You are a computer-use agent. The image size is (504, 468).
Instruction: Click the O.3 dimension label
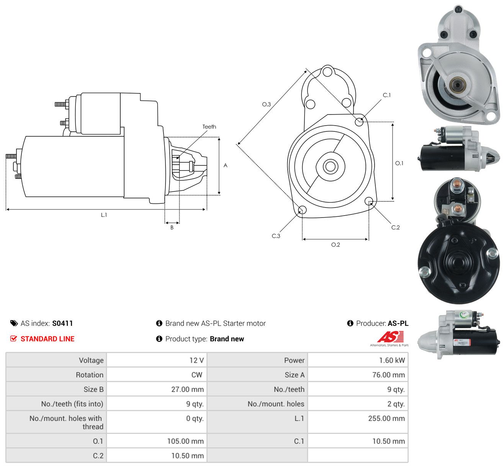tap(266, 104)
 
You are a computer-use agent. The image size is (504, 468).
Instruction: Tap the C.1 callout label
tap(386, 95)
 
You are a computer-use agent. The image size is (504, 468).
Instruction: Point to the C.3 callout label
tap(276, 236)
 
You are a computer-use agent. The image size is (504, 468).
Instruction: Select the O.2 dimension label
tap(335, 245)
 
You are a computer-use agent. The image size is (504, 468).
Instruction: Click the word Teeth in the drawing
tap(209, 127)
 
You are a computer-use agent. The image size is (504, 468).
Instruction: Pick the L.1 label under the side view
tap(104, 215)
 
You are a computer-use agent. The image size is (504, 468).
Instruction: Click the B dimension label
tap(172, 227)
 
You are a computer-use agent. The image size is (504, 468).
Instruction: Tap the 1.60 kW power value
tap(392, 360)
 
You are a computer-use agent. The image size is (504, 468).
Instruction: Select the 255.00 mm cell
tap(386, 418)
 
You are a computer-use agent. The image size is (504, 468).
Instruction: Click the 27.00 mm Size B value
tap(187, 389)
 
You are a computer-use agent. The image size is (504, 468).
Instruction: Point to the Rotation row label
tap(90, 375)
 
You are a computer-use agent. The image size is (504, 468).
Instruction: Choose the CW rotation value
tap(197, 375)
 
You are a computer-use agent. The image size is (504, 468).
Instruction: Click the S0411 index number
tap(62, 323)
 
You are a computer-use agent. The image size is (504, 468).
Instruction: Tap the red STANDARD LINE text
tap(47, 339)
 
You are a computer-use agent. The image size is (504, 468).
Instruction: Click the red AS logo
tap(390, 337)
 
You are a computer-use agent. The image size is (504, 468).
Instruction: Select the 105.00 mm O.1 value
tap(185, 441)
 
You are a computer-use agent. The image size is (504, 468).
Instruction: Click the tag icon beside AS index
tap(14, 323)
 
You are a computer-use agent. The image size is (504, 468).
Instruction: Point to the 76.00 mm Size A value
tap(388, 375)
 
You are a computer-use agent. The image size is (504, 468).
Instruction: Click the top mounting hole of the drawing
tap(327, 71)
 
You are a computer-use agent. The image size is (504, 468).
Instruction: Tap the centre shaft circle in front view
tap(330, 167)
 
